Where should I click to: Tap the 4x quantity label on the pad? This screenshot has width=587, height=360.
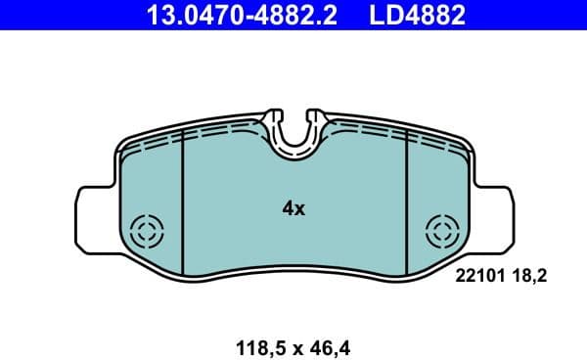pos(293,208)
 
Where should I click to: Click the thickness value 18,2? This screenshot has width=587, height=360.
pos(528,277)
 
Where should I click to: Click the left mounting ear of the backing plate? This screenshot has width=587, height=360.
pos(96,213)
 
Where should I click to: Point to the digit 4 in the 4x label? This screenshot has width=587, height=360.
pos(288,208)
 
